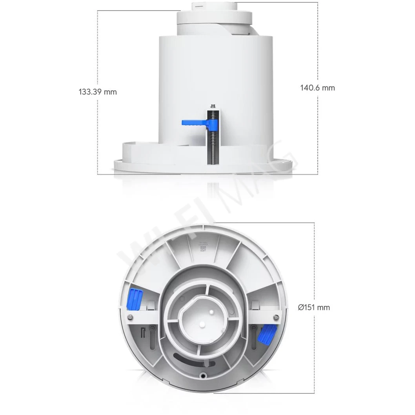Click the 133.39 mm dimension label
pos(98,92)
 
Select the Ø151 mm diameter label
pos(314,308)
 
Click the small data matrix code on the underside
pos(202,249)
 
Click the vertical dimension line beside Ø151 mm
pos(314,353)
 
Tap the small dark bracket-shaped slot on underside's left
pos(143,331)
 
